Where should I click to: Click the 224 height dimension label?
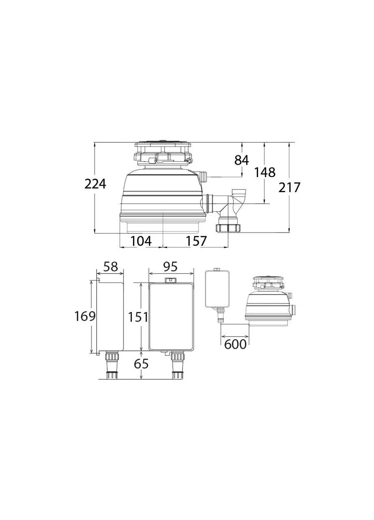tap(95, 184)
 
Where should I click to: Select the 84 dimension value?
tap(241, 160)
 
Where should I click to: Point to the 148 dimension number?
tap(265, 172)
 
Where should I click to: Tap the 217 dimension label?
tap(289, 187)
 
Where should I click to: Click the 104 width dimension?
tap(141, 241)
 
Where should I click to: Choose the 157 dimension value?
tap(196, 241)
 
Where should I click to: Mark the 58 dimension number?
tap(110, 266)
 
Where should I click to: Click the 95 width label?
tap(170, 266)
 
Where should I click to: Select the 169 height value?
tap(85, 316)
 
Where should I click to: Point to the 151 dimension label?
tap(138, 317)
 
